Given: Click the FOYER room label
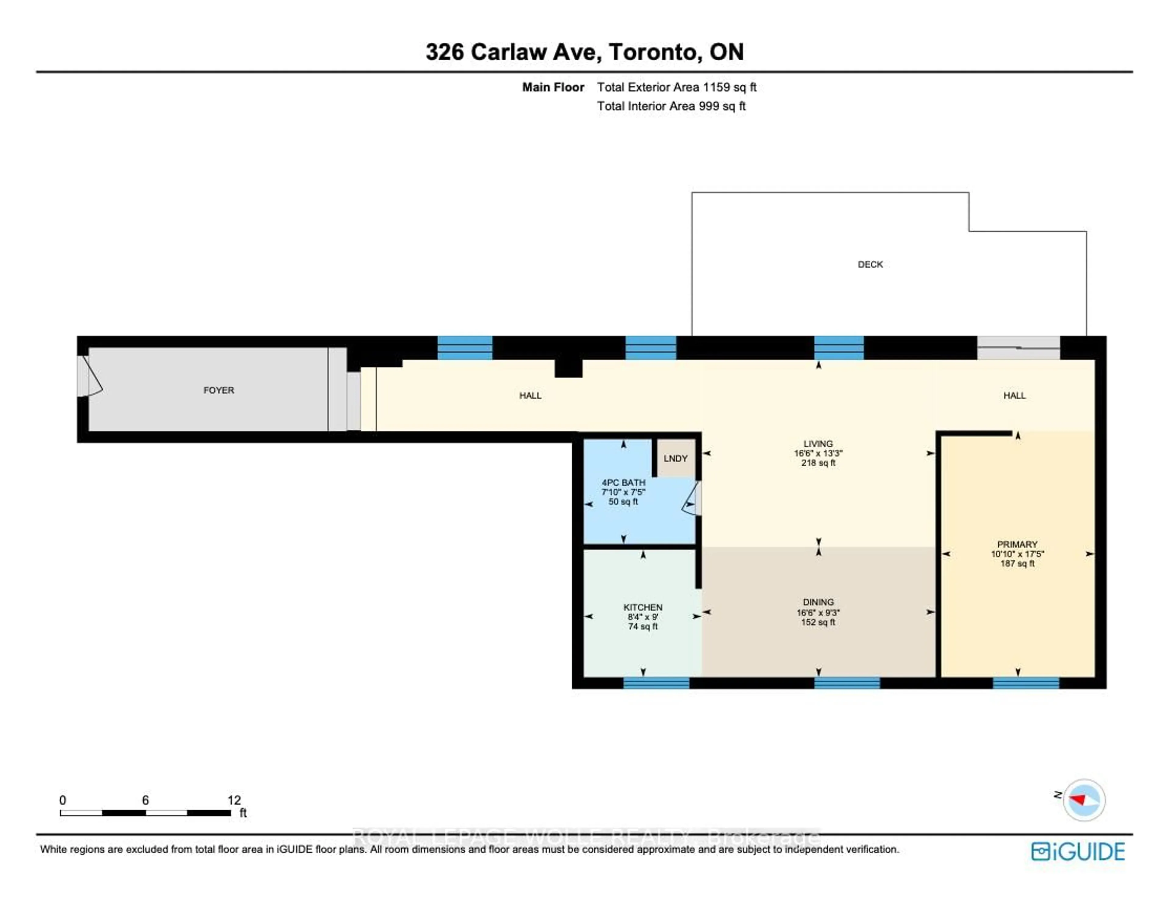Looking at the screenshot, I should pos(219,390).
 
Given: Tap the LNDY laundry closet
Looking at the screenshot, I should pos(675,458).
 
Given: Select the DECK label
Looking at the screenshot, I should pos(870,264).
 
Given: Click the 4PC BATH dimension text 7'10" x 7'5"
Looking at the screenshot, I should pos(623,492).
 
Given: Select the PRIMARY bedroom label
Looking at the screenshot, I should pos(1017,544).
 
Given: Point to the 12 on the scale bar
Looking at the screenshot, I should pos(234,800).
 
